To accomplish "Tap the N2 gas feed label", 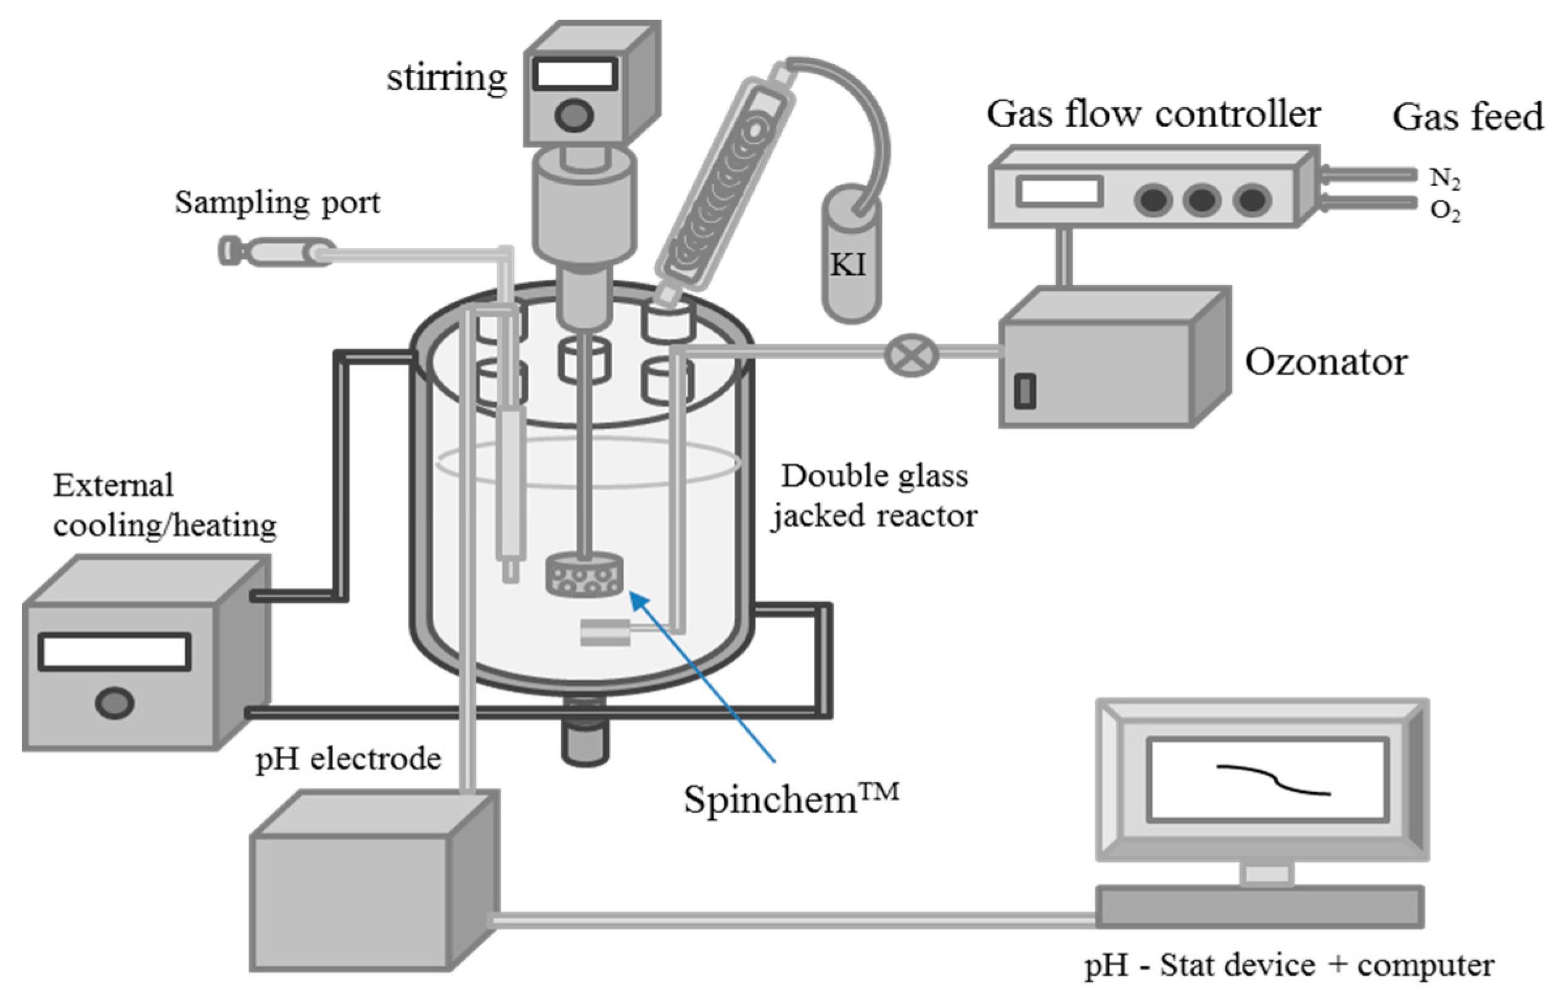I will [x=1444, y=178].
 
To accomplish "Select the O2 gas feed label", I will [x=1444, y=211].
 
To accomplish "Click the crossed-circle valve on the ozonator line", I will [x=911, y=354].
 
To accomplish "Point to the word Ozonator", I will [x=1325, y=362].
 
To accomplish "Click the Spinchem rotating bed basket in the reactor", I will [x=585, y=575].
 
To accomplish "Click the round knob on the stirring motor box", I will [x=574, y=116].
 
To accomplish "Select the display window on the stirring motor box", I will [x=575, y=73].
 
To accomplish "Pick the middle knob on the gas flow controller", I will [x=1202, y=199].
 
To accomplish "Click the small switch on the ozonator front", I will [x=1025, y=391].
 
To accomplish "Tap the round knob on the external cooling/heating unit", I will [x=115, y=703].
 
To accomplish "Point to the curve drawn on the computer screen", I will [x=1273, y=780].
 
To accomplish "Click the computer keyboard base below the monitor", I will [x=1259, y=906].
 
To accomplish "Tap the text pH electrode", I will [x=348, y=759].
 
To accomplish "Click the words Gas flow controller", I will [x=1153, y=115].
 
